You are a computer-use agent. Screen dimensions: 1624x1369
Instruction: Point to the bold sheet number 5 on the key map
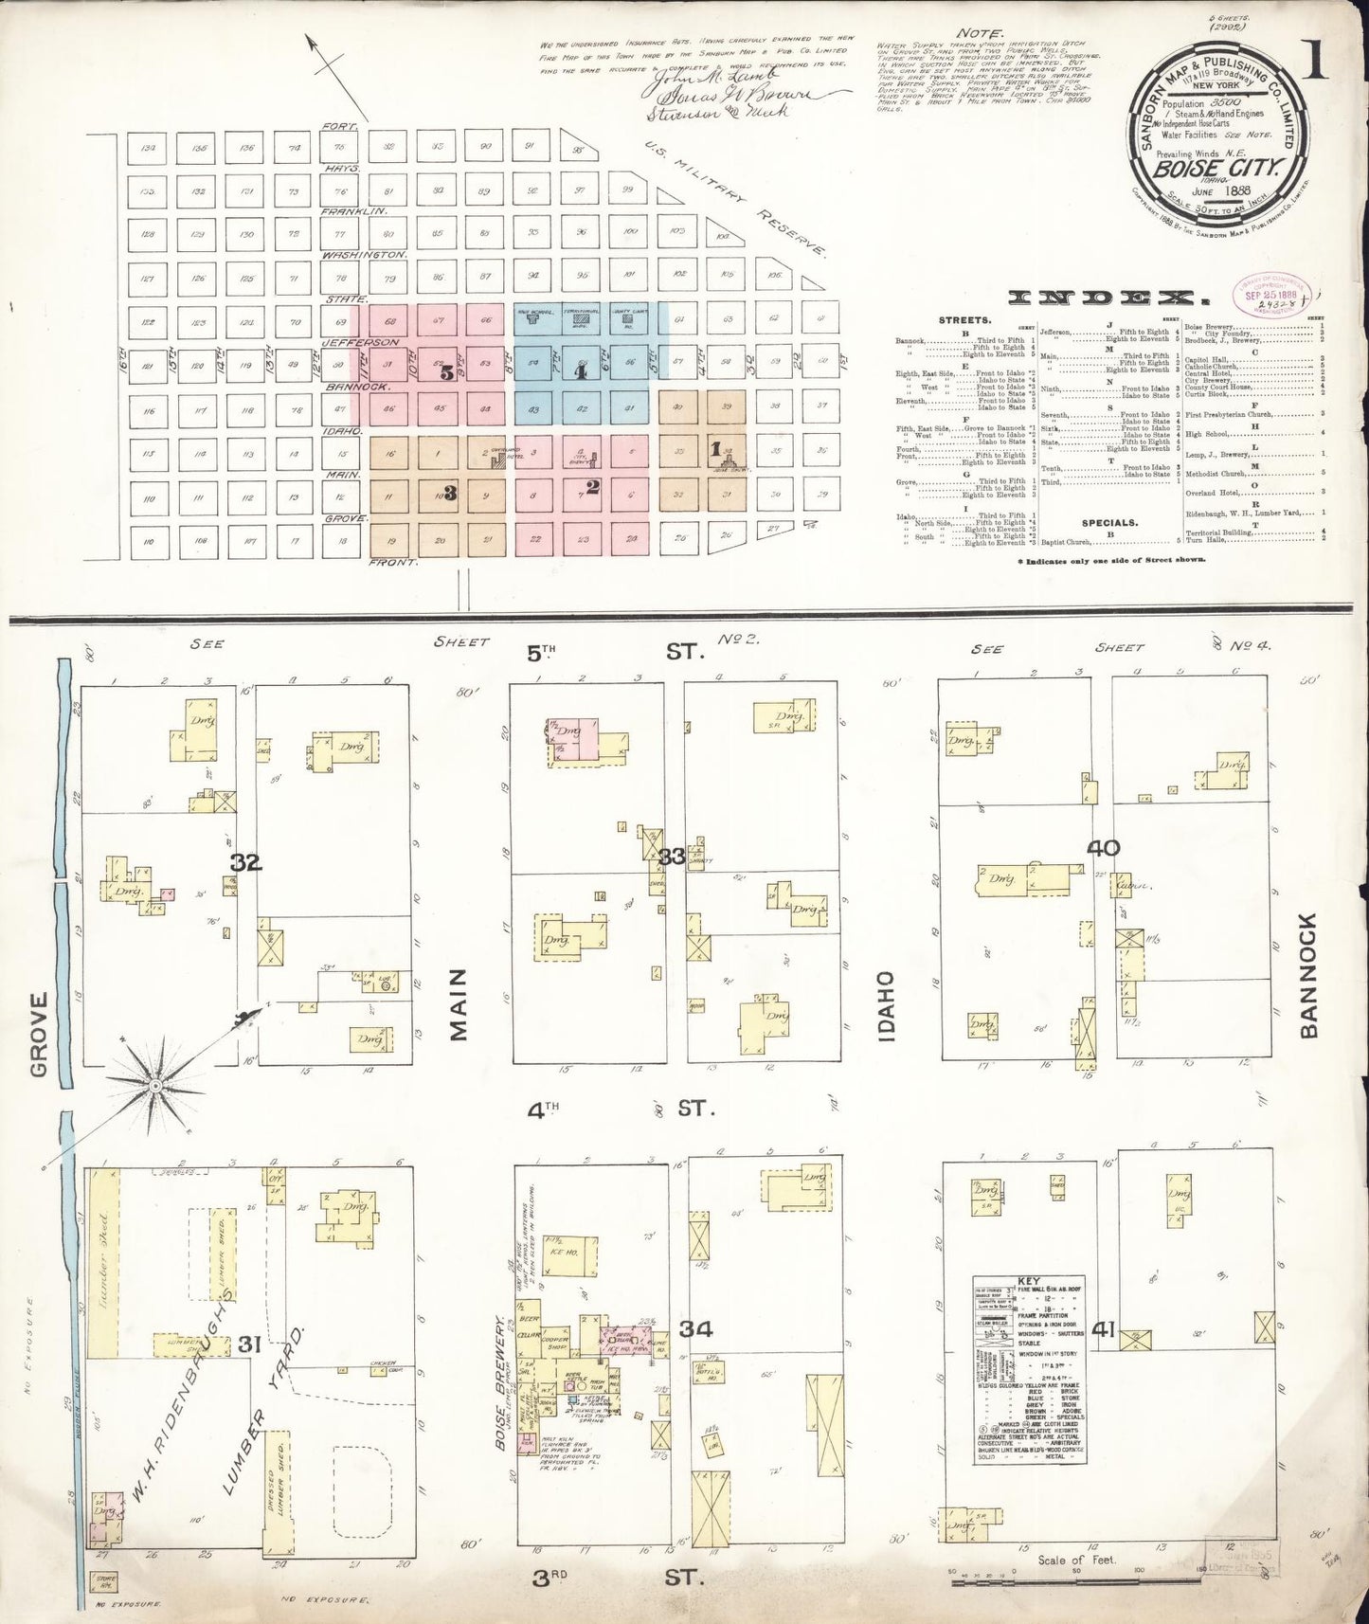click(x=446, y=372)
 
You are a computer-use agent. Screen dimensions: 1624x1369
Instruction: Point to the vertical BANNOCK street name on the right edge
click(x=1310, y=976)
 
